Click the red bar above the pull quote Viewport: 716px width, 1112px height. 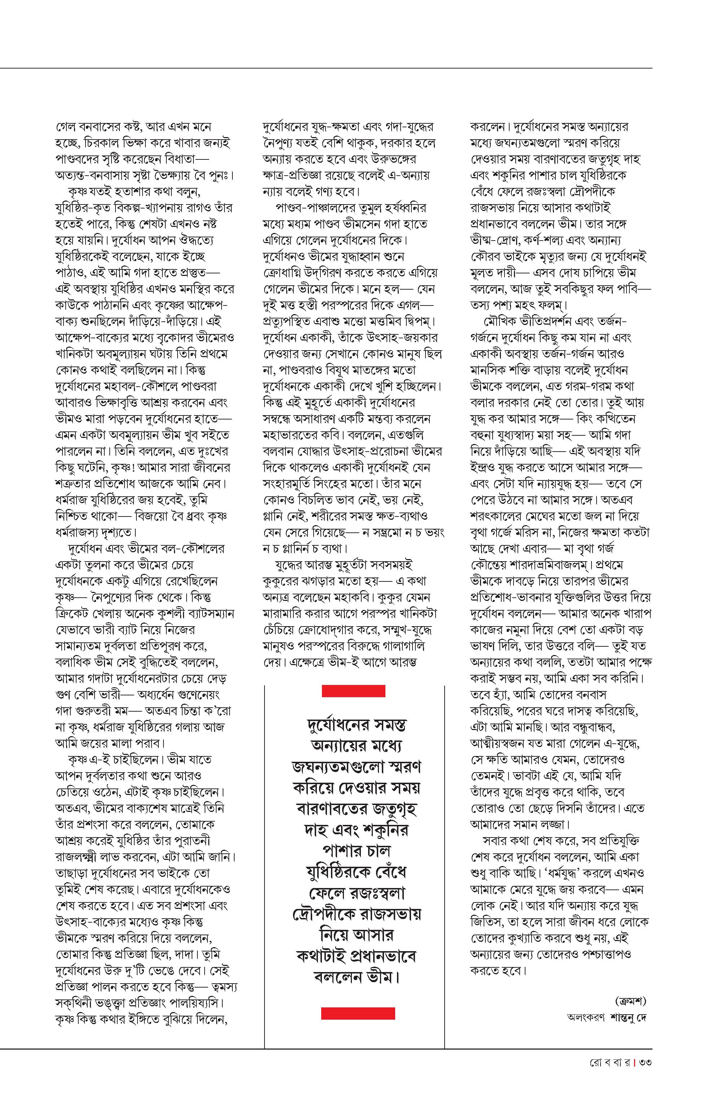353,691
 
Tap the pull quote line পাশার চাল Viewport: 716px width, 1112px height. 357,851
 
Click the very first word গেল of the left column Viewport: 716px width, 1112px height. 64,126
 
